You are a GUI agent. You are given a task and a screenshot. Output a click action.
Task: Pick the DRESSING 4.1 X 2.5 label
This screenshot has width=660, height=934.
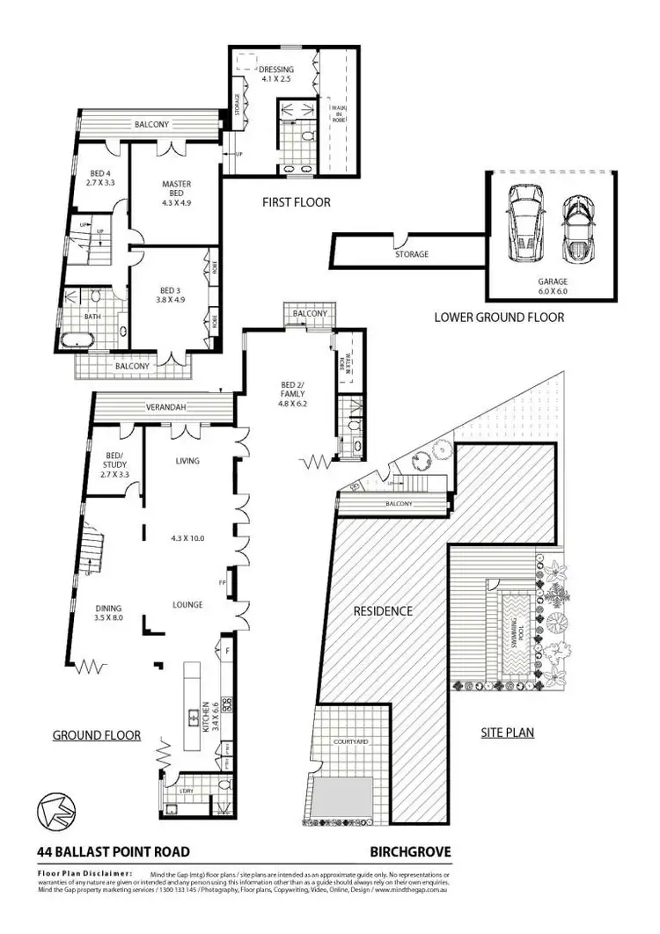pyautogui.click(x=276, y=74)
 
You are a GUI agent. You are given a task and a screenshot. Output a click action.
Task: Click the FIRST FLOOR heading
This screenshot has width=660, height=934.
pyautogui.click(x=296, y=202)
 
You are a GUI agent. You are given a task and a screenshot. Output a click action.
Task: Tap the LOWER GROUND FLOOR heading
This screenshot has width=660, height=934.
pyautogui.click(x=499, y=317)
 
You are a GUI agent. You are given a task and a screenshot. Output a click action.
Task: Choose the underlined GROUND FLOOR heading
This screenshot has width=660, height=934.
pyautogui.click(x=96, y=735)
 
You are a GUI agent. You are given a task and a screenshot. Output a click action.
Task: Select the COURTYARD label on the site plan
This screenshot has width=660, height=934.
pyautogui.click(x=349, y=742)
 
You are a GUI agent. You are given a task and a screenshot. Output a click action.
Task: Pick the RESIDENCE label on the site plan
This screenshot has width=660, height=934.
pyautogui.click(x=383, y=610)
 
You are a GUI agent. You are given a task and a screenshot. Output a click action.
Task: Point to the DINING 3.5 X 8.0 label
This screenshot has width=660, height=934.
pyautogui.click(x=110, y=613)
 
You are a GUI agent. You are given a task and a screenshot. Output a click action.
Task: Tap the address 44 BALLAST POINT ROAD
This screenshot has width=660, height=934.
pyautogui.click(x=113, y=852)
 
